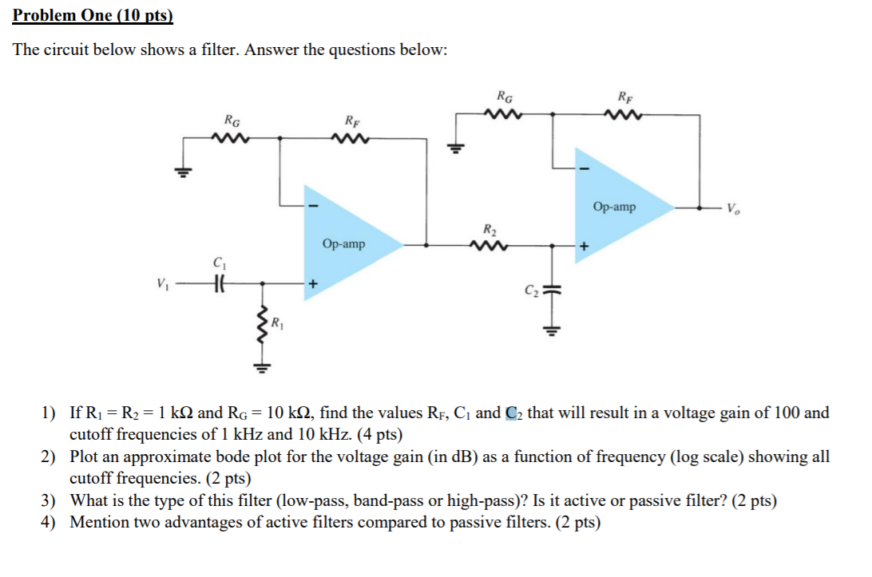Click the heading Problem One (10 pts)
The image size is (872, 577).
[93, 15]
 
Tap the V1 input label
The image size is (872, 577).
[163, 283]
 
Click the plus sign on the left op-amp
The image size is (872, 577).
[314, 283]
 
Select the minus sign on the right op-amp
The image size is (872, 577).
[585, 168]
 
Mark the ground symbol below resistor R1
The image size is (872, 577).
[259, 369]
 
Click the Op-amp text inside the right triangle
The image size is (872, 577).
[614, 207]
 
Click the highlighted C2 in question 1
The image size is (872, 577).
[515, 413]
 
